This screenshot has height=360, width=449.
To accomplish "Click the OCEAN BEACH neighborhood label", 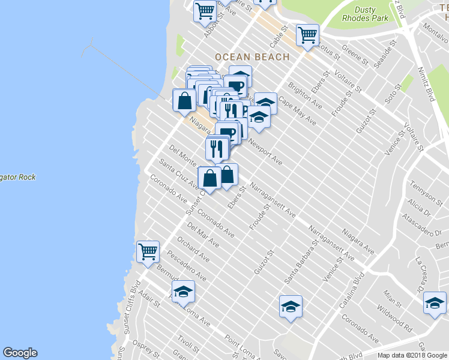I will [x=252, y=57].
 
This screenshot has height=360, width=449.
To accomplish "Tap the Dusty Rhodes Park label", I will [x=365, y=14].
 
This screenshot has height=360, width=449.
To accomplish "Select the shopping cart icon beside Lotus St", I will [x=307, y=35].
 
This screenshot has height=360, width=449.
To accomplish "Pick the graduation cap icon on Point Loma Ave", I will [x=183, y=292].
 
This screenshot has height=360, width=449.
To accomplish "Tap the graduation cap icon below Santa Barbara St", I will [x=291, y=307].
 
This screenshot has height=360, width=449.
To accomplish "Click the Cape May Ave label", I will [x=297, y=112].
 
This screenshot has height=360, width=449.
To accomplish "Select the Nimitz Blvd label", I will [x=427, y=85].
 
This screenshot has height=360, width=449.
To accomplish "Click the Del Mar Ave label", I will [x=203, y=235].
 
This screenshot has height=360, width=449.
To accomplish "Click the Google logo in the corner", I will [x=20, y=353].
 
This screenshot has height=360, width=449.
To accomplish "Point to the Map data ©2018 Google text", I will [x=412, y=355].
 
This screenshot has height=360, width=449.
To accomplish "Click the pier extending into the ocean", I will [x=126, y=69].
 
